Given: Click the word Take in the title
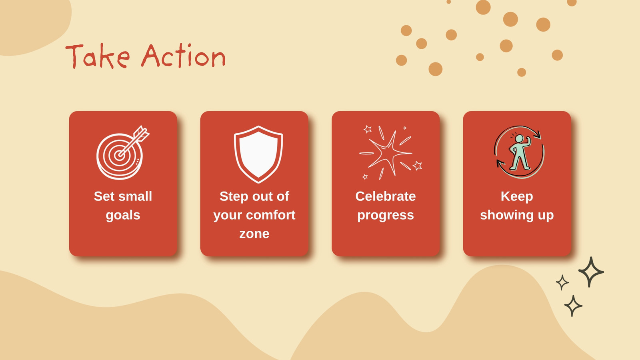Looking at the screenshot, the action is (x=98, y=56).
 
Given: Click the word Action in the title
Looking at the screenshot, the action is (x=184, y=56).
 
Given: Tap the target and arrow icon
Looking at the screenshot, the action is (x=123, y=152).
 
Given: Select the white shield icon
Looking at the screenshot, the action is (x=258, y=154).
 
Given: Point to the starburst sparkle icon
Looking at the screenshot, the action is (x=390, y=153).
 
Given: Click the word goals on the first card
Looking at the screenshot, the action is (x=123, y=216).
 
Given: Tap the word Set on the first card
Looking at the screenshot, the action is (x=104, y=196).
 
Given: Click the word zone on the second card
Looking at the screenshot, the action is (x=254, y=234).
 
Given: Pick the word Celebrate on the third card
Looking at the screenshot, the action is (x=386, y=196).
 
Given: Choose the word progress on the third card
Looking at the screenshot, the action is (x=386, y=216).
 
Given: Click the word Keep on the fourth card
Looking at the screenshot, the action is (x=517, y=197).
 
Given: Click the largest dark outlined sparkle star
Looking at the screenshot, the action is (x=591, y=272).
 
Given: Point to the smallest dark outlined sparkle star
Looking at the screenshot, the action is (x=562, y=282).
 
